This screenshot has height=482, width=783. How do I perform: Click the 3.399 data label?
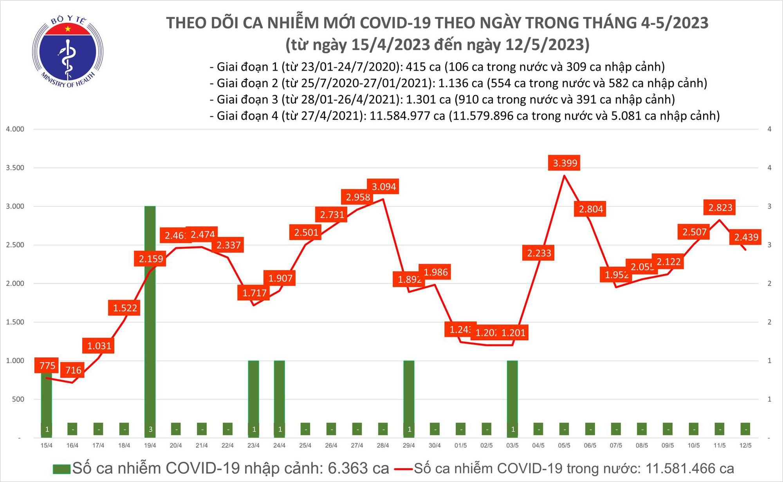(x=565, y=163)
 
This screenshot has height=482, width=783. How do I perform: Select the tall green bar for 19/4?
(x=150, y=313)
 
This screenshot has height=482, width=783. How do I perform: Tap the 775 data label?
(x=47, y=366)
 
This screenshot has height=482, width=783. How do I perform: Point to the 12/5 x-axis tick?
(x=745, y=446)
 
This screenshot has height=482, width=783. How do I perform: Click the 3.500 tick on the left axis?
(x=15, y=168)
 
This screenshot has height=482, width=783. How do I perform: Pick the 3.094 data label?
(x=384, y=187)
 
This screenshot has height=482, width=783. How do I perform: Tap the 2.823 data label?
(x=720, y=208)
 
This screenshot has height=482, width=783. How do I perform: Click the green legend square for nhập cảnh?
(x=61, y=469)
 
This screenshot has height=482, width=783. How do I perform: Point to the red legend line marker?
(x=404, y=469)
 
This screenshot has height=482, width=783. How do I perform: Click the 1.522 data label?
(x=125, y=308)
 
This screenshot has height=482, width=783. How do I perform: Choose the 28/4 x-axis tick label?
(x=382, y=446)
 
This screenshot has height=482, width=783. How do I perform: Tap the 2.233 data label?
(x=539, y=253)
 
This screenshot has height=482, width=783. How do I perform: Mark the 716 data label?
(x=73, y=370)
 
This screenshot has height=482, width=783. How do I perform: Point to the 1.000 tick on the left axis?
(x=15, y=361)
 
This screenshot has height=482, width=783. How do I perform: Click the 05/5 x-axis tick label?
(x=564, y=446)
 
